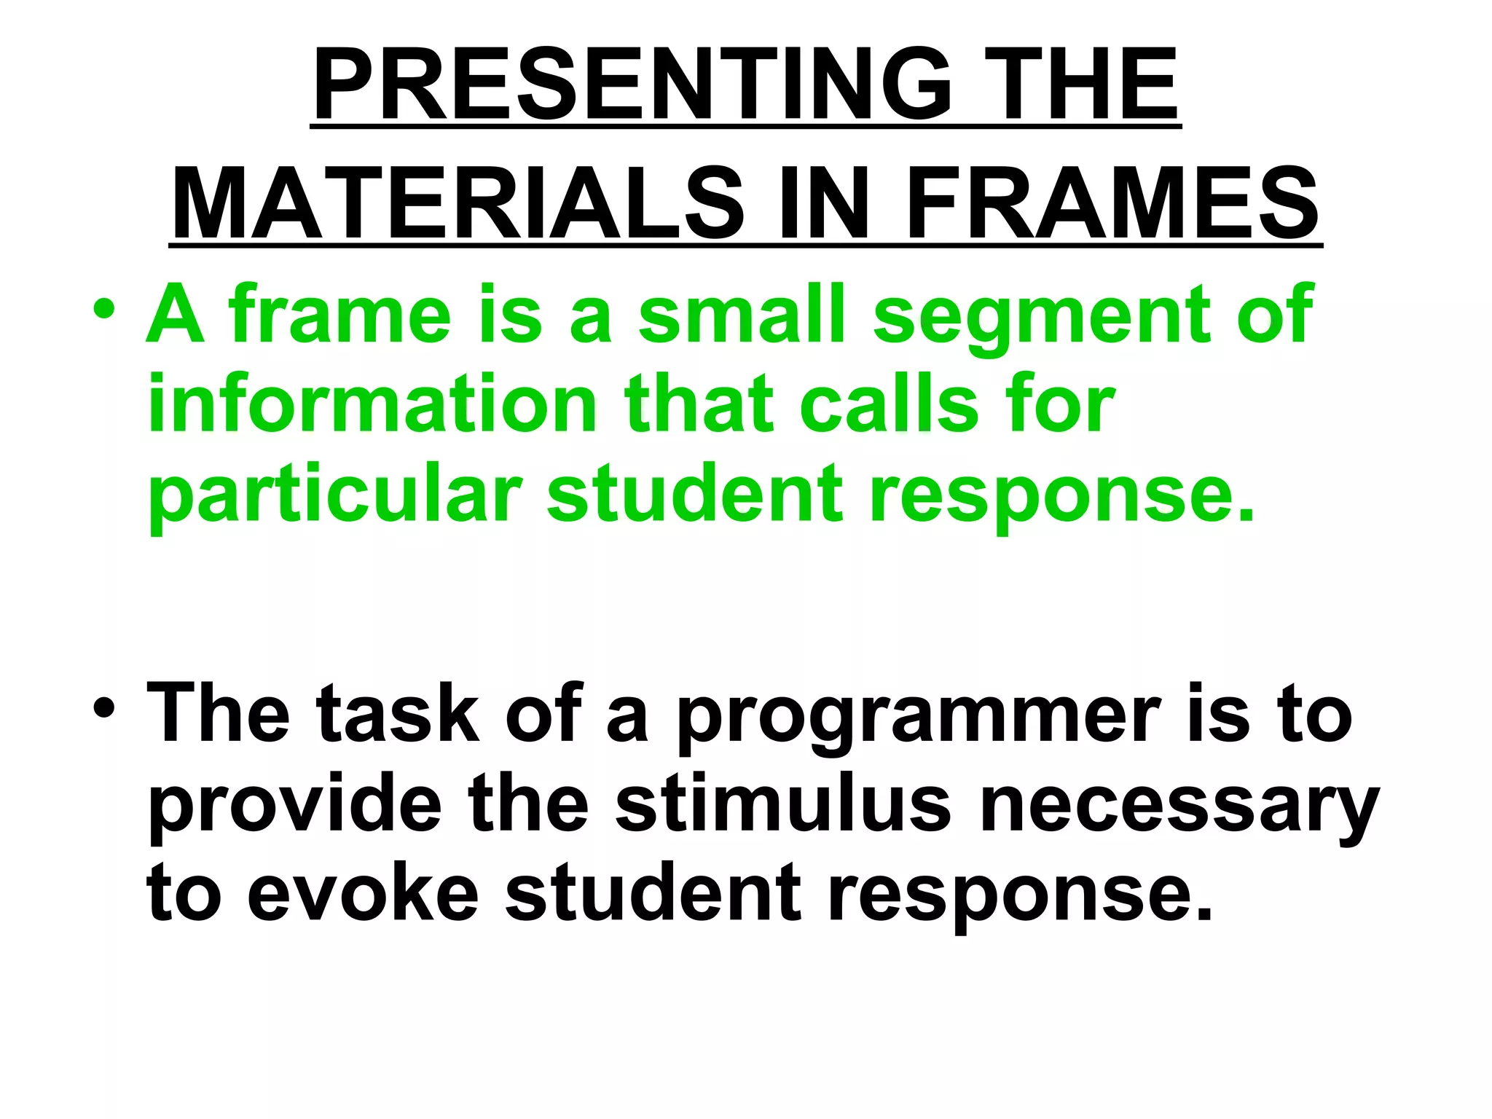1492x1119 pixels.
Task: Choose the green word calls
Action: pyautogui.click(x=889, y=404)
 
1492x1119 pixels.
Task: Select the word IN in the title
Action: pyautogui.click(x=824, y=203)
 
